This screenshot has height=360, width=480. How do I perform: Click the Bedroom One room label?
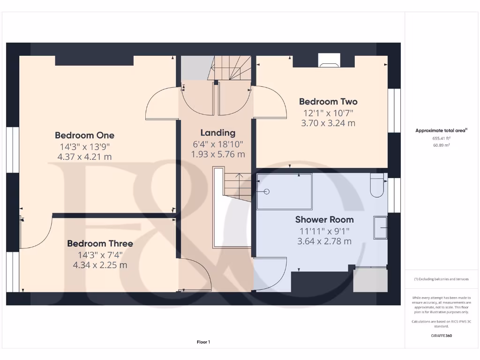point(84,135)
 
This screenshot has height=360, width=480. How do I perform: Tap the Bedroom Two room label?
point(328,102)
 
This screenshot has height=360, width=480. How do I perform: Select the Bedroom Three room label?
point(100,244)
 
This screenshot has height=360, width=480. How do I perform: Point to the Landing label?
point(218,133)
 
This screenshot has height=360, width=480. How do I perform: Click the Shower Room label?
point(324,220)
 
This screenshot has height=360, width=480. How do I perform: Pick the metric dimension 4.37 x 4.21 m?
point(84,157)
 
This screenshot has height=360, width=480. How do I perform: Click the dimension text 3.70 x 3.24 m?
point(328,123)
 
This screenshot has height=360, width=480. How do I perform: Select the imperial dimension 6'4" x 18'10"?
point(218,144)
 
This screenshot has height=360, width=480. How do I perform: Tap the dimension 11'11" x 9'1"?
point(324,231)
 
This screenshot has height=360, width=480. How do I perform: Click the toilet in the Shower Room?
point(377,185)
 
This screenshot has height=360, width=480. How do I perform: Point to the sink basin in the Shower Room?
point(380,228)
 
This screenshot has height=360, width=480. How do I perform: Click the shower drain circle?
point(267,192)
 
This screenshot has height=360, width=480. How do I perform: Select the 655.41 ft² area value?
point(442,138)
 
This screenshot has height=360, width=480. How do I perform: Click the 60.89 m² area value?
point(442,145)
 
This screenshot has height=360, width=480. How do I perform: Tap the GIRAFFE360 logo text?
point(442,336)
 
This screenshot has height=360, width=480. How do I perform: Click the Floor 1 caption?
point(203,342)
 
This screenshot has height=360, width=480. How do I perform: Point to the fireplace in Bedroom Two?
point(329,60)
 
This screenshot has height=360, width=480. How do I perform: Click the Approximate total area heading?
point(441,130)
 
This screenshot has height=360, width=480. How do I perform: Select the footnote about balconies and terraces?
point(442,279)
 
